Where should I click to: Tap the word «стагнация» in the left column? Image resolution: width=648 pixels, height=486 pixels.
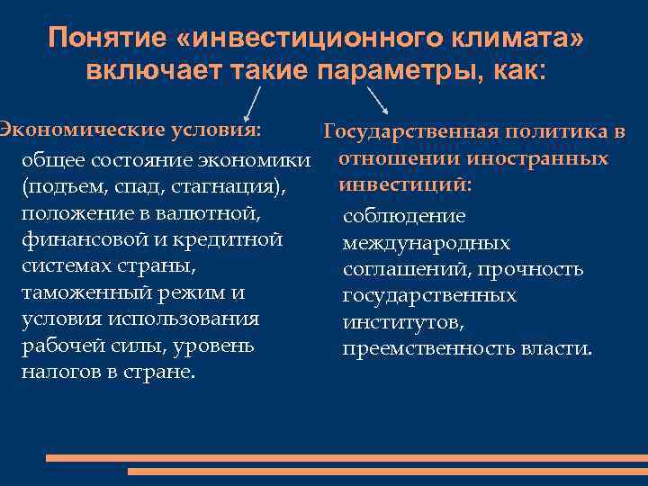coord(237,188)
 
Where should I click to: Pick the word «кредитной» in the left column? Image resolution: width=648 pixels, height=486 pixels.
coord(231,240)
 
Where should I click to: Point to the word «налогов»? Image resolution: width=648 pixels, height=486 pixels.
coord(57,371)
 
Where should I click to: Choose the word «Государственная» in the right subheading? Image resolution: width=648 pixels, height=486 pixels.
coord(410,133)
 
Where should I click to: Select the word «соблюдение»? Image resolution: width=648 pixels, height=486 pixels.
coord(404,217)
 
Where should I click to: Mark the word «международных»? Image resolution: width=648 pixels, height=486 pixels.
coord(426,243)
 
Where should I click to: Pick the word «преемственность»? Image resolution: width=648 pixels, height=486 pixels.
coord(416,347)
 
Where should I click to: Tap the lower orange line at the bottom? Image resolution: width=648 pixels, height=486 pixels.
coord(387,471)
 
